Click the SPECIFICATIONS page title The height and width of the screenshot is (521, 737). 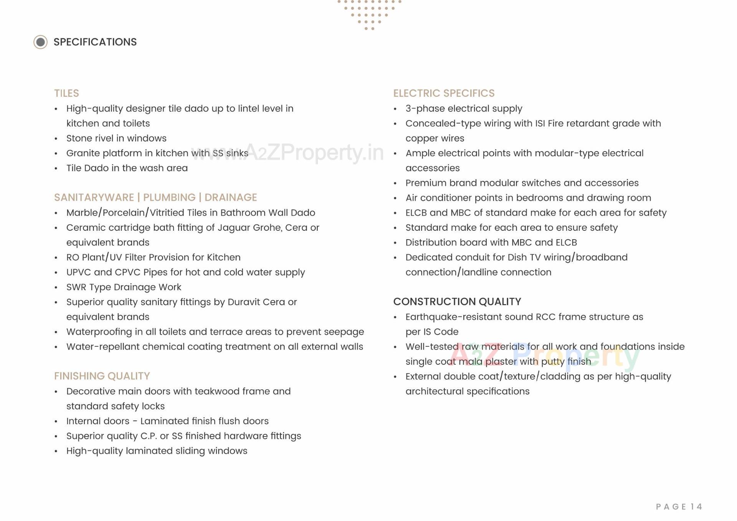(95, 42)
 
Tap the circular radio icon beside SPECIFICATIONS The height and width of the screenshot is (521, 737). (40, 42)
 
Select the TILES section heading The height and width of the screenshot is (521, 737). (66, 93)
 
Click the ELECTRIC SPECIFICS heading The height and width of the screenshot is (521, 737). (444, 93)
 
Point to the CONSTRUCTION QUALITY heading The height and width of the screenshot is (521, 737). (457, 302)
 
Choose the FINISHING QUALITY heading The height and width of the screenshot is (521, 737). (102, 376)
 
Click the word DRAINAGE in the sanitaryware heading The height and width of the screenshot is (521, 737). (231, 197)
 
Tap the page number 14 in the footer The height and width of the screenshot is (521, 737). (696, 507)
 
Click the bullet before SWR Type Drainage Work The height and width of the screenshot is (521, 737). (56, 288)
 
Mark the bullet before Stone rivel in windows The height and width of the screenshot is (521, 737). (56, 139)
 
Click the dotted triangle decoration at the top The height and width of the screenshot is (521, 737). (369, 13)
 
